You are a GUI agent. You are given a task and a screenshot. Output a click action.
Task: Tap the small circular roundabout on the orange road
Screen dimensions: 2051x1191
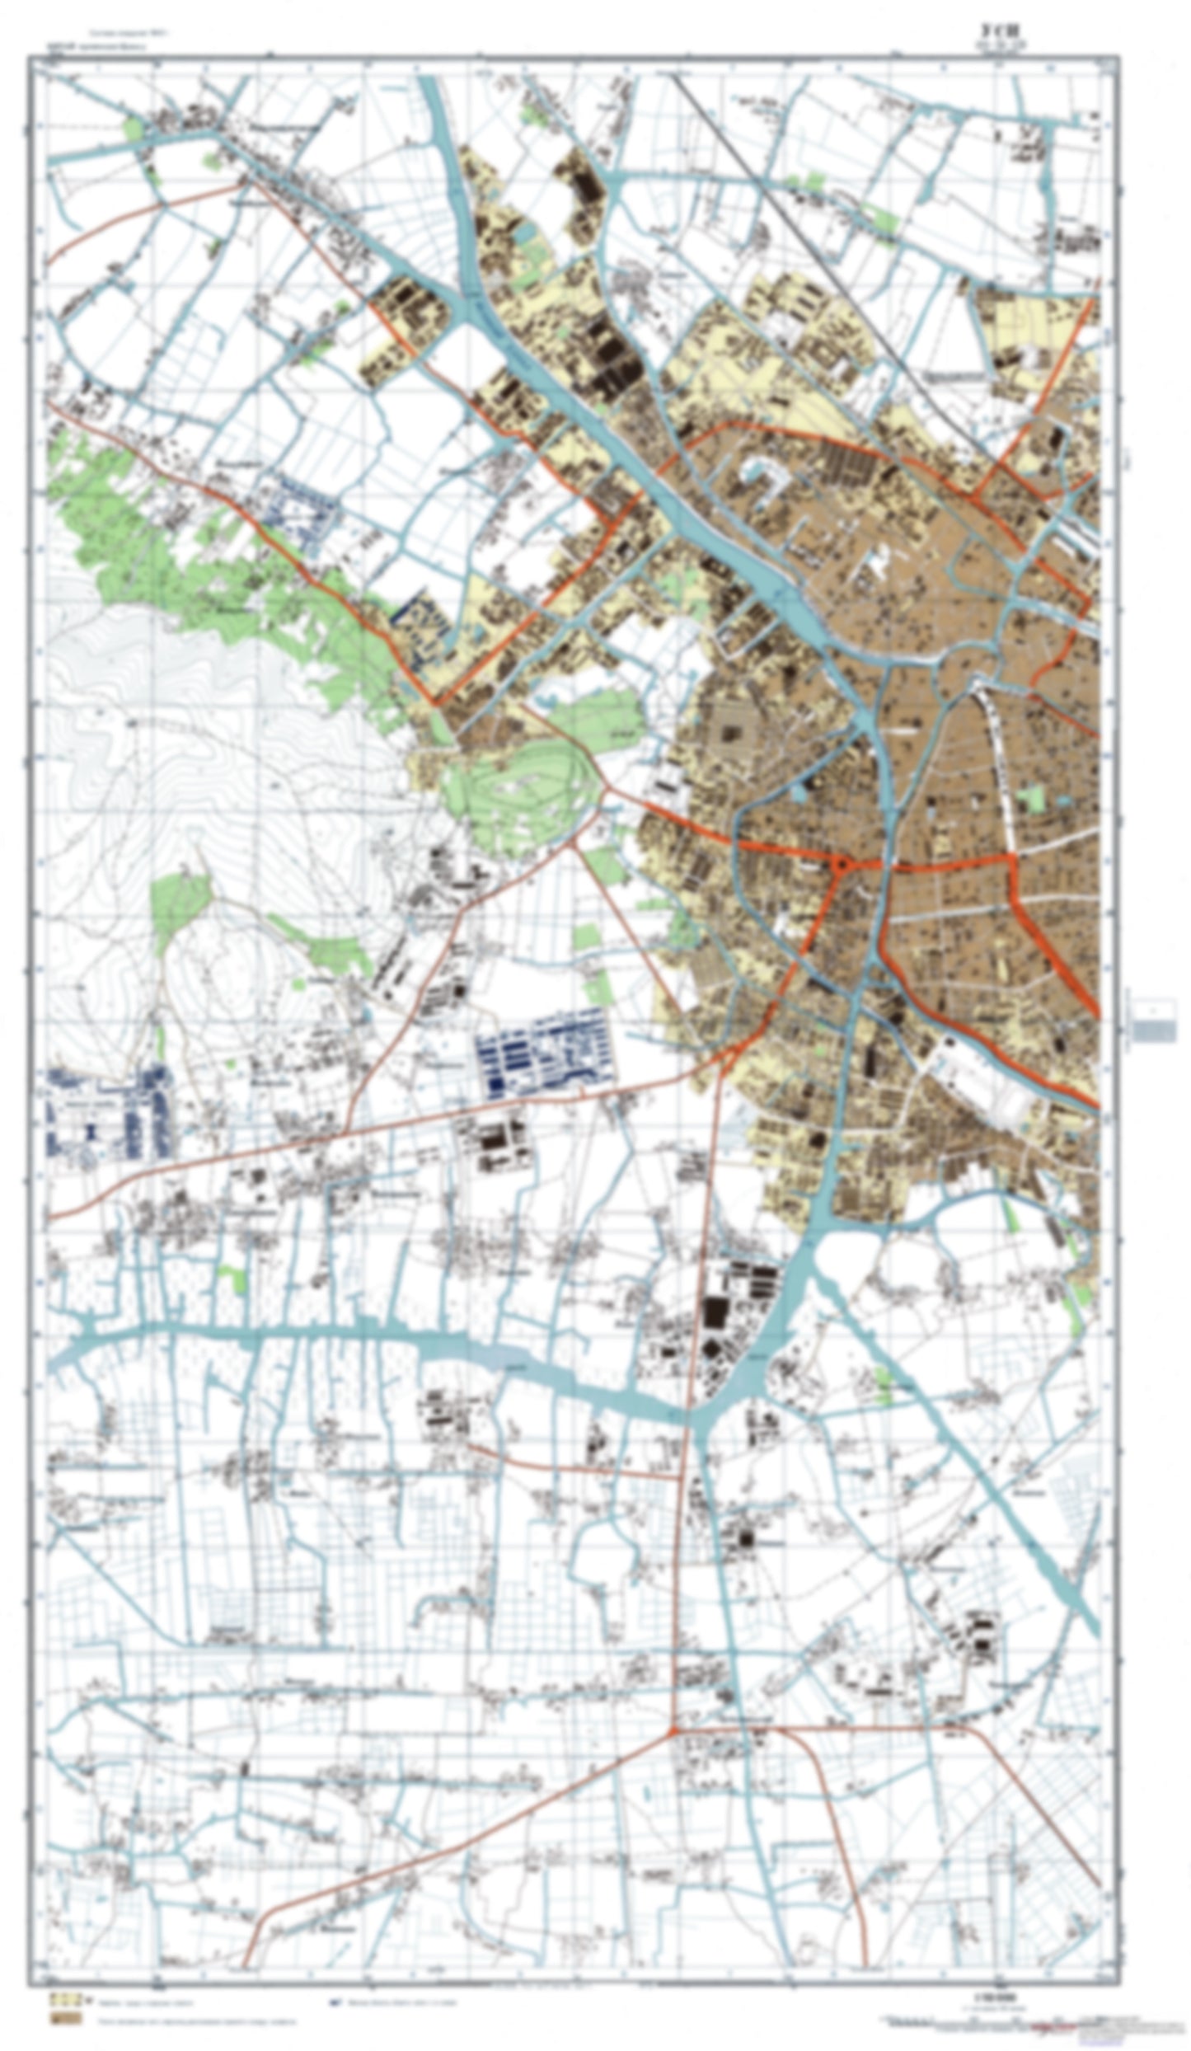[840, 865]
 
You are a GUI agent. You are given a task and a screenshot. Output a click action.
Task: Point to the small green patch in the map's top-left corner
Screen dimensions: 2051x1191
[131, 128]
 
